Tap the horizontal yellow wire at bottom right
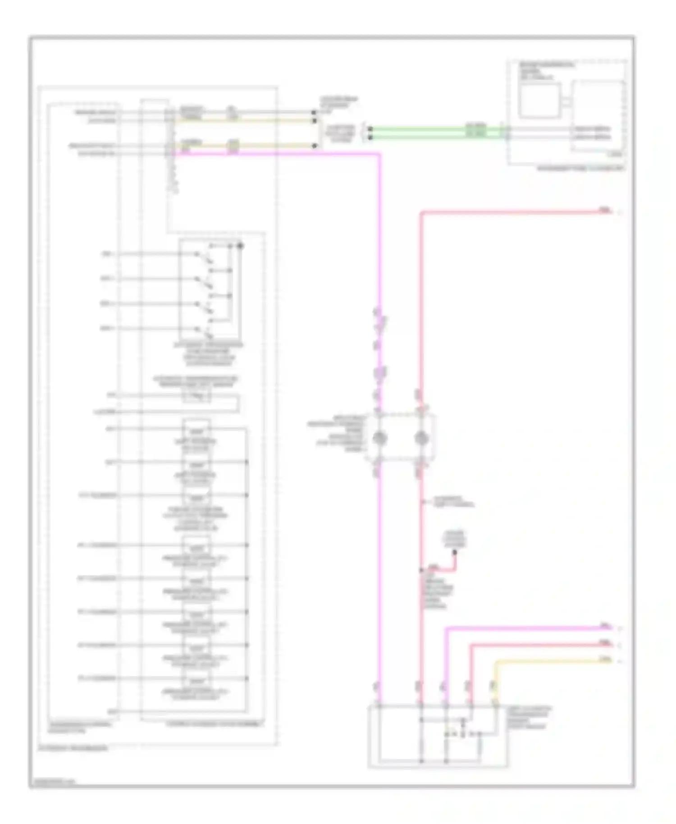click(x=550, y=661)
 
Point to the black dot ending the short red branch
click(x=455, y=552)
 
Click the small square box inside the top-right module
click(x=539, y=100)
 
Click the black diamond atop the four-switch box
click(x=240, y=246)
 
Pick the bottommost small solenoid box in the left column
click(x=196, y=680)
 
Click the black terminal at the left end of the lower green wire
click(x=370, y=137)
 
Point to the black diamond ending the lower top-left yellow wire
click(x=314, y=146)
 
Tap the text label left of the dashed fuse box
click(x=336, y=434)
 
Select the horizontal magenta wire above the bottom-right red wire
click(x=523, y=628)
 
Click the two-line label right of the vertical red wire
click(x=453, y=502)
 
